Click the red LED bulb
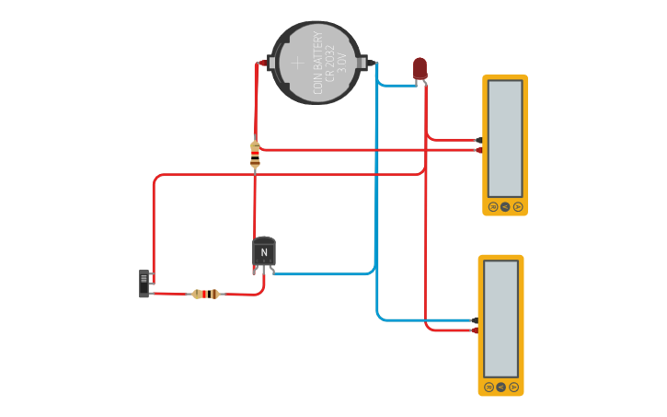tap(420, 67)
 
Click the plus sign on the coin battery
tap(297, 63)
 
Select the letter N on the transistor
tap(264, 252)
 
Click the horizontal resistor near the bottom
tap(206, 294)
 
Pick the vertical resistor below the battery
tap(255, 155)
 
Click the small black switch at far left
tap(144, 283)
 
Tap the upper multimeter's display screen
tap(505, 137)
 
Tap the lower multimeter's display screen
tap(500, 318)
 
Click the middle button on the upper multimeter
tap(505, 206)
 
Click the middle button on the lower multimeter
tap(500, 387)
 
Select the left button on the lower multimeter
tap(489, 387)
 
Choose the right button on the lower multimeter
tap(513, 387)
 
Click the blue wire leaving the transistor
tap(322, 273)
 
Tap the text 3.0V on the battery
tap(342, 63)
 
